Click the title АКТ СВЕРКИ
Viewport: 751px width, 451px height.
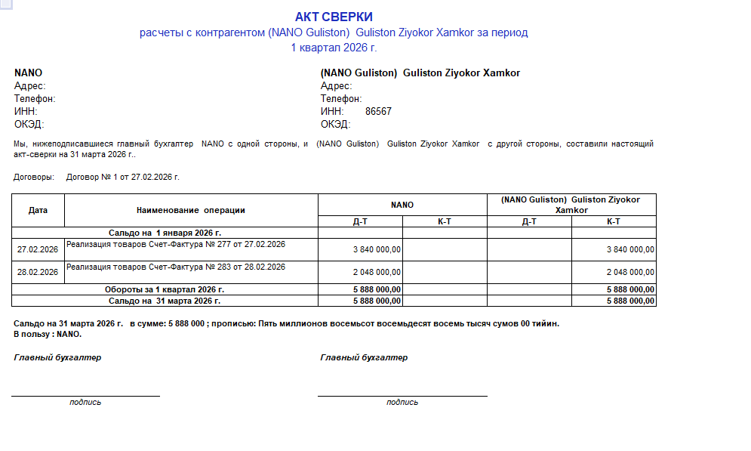tap(334, 17)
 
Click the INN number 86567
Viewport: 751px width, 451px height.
tap(378, 112)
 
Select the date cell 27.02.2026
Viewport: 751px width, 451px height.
tap(38, 249)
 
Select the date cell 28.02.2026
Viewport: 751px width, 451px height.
tap(38, 272)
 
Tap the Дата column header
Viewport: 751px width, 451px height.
tap(38, 210)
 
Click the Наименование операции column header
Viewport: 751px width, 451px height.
tap(191, 210)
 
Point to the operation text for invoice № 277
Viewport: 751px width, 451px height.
tap(176, 244)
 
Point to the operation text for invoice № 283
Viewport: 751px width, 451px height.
tap(176, 267)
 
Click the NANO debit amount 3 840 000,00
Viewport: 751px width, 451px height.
tap(377, 249)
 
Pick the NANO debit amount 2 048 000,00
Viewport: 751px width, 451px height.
tap(377, 272)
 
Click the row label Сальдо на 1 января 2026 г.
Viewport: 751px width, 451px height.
tap(165, 233)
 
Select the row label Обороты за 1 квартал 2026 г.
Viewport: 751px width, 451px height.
tap(165, 289)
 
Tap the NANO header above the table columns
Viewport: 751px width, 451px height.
tap(402, 205)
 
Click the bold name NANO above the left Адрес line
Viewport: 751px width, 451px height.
tap(28, 73)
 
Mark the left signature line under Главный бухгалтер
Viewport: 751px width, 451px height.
tap(85, 395)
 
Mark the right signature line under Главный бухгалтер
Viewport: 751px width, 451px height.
tap(402, 395)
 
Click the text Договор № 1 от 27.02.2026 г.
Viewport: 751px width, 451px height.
tap(123, 177)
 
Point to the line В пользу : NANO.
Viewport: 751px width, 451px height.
tap(48, 334)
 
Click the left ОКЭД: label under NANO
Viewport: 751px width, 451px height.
tap(29, 125)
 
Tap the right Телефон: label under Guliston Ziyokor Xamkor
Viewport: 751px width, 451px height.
tap(341, 99)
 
